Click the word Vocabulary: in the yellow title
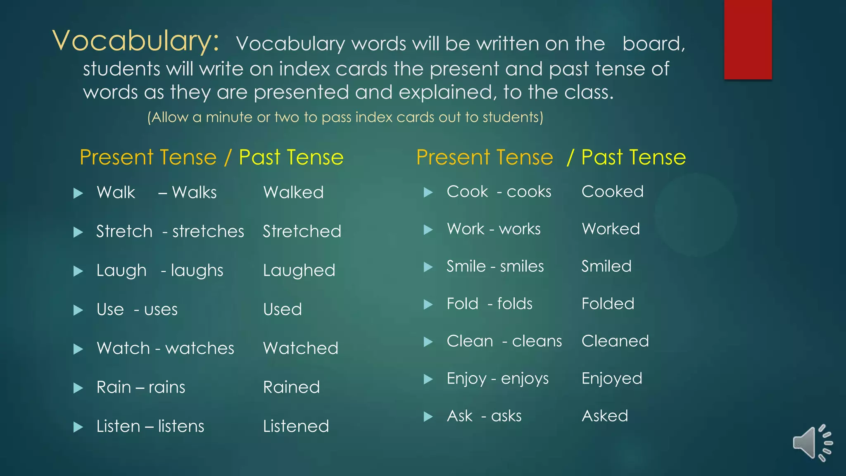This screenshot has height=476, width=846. coord(135,41)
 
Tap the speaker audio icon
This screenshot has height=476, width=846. coord(812,443)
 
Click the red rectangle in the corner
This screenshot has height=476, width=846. coord(748,39)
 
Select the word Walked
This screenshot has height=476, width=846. coord(293,193)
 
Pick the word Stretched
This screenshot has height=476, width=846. coord(302,231)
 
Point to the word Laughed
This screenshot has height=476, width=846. coord(299,271)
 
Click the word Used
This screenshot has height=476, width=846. coord(283,309)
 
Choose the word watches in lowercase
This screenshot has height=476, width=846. coord(200,348)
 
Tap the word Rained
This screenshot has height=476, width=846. coord(291,387)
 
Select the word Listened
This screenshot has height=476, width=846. coord(296,426)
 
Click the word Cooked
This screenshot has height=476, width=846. coord(612,192)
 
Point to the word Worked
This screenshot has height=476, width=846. coord(611,229)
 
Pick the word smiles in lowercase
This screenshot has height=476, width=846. coord(522,267)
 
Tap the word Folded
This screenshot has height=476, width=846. coord(608,304)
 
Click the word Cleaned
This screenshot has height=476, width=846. coord(615,341)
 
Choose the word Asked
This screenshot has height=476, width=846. coord(605,416)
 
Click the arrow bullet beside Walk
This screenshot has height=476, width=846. coord(78,193)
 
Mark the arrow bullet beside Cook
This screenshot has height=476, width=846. coord(428,192)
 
